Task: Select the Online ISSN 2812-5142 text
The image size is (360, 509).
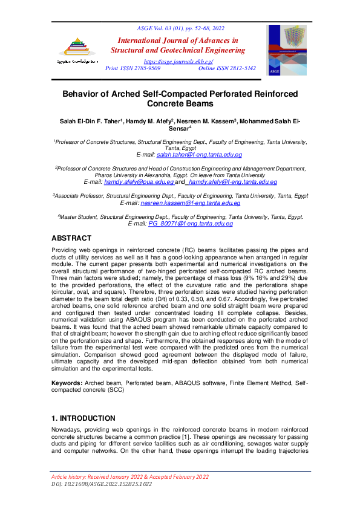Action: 227,69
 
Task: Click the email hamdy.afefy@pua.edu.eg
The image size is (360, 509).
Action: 139,181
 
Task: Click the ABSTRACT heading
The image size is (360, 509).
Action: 71,238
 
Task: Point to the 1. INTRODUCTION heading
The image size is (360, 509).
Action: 83,418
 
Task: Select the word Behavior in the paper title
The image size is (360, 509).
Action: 83,95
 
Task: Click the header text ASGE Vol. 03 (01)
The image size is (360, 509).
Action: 159,28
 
